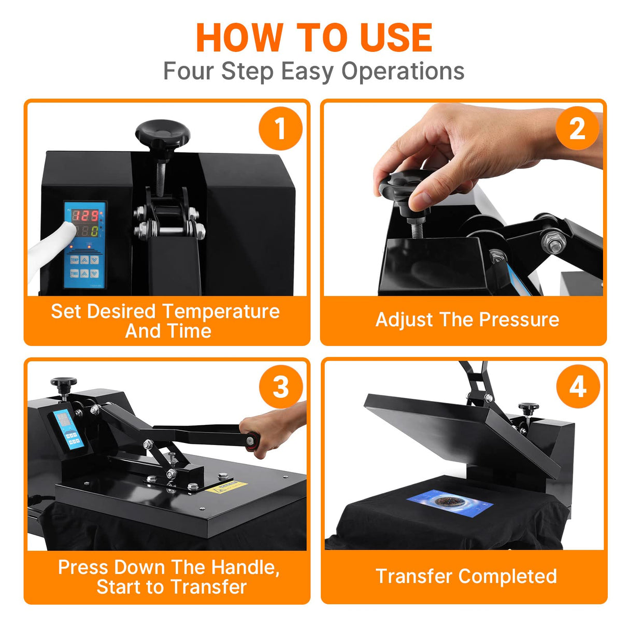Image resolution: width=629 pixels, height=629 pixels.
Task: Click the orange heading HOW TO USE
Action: [314, 38]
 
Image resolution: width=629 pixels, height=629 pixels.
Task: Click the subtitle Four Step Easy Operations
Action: [314, 71]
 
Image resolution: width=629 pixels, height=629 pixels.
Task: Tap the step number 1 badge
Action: [280, 128]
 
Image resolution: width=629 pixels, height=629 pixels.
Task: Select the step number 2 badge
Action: [577, 128]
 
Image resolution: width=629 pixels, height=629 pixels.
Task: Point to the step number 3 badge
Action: [280, 387]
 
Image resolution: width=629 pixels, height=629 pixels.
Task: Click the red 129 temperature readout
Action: [84, 216]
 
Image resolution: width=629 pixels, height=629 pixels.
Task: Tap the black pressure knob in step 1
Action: [162, 133]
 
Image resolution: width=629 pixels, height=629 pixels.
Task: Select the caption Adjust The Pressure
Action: [467, 320]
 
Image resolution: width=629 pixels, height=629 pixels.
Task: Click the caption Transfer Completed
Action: [466, 576]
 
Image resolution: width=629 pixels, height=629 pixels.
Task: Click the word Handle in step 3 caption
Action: [245, 567]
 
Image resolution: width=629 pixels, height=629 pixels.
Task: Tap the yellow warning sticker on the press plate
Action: [226, 487]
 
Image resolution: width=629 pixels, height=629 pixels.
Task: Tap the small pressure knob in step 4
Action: [528, 408]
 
